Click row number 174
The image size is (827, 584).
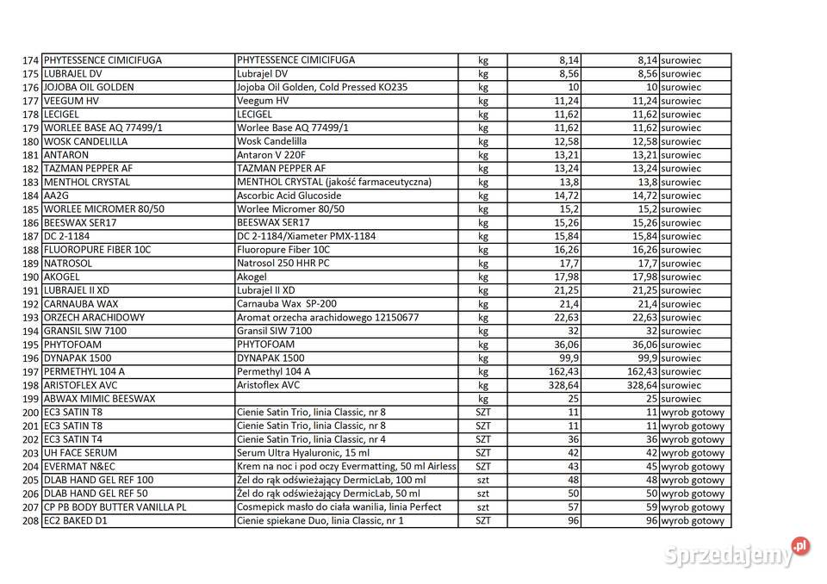[31, 60]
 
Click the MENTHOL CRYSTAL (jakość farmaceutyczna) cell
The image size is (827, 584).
[334, 183]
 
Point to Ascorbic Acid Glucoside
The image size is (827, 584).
[288, 196]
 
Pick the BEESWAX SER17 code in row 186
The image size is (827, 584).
[80, 223]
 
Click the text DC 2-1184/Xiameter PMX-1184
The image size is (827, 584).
[306, 236]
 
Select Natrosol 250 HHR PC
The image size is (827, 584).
[283, 264]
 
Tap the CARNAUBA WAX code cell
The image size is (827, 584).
[81, 304]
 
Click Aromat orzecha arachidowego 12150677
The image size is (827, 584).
[328, 318]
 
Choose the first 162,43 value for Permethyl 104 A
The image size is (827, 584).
[561, 371]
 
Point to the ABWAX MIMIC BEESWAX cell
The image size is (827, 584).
[99, 399]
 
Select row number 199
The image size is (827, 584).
[31, 399]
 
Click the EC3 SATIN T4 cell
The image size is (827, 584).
[73, 439]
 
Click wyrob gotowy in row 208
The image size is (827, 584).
[693, 521]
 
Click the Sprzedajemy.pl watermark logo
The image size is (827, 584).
[737, 553]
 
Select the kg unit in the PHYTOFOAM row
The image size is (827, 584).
[483, 345]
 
